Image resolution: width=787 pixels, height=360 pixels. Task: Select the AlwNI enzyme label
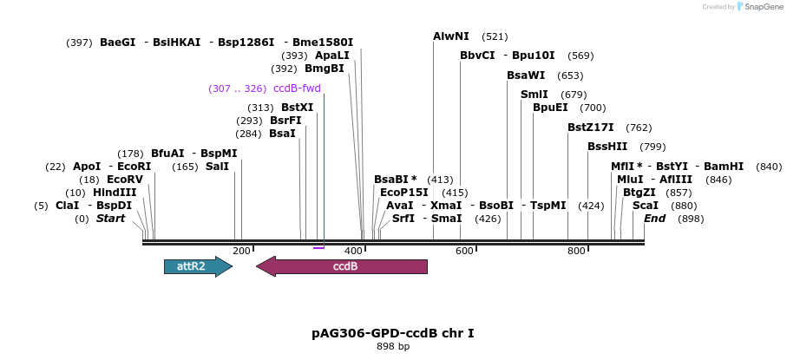click(451, 36)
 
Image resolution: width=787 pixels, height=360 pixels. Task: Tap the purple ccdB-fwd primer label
click(297, 88)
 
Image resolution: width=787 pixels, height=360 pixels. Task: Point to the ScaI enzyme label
click(646, 206)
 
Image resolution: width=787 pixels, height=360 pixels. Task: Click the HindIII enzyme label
click(115, 193)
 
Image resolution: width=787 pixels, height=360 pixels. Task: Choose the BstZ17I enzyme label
click(590, 128)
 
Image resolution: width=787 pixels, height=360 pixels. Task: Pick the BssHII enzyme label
click(607, 147)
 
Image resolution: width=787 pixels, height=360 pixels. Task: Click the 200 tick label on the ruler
click(241, 252)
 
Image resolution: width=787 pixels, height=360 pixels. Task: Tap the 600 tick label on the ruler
click(465, 252)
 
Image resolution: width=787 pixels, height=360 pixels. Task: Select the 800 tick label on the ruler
click(576, 252)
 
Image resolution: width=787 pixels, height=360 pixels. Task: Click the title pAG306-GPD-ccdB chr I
click(392, 333)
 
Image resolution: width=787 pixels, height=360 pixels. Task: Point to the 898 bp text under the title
click(392, 346)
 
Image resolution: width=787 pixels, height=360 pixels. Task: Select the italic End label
click(654, 219)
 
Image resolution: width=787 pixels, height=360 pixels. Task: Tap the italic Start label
click(110, 219)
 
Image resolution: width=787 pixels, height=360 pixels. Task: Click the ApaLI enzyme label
click(331, 56)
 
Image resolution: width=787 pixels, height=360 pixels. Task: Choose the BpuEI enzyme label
click(550, 108)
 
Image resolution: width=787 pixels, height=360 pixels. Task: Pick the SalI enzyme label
click(217, 167)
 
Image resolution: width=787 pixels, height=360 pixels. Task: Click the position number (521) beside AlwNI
click(495, 36)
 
